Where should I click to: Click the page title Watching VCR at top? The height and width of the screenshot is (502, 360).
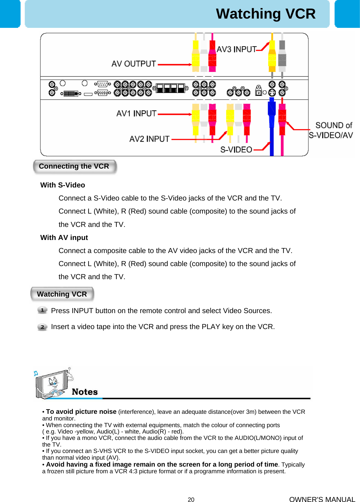(x=265, y=14)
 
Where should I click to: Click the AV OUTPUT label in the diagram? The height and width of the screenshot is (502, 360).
(x=134, y=64)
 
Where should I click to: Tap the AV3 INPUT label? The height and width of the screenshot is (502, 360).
(x=237, y=49)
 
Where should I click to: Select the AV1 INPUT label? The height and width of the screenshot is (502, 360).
(x=136, y=113)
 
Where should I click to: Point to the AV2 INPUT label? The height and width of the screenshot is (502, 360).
(x=149, y=139)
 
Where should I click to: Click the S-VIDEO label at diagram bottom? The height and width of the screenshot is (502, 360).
(x=236, y=150)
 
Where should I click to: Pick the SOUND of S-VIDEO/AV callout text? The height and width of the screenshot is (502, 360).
(x=331, y=130)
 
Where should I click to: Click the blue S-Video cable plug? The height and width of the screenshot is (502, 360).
(x=271, y=113)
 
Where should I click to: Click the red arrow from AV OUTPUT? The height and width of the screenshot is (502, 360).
(x=174, y=64)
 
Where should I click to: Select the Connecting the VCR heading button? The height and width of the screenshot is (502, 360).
(x=74, y=167)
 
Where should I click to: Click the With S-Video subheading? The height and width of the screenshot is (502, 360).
(x=63, y=185)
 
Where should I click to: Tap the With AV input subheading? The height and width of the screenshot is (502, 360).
(x=64, y=238)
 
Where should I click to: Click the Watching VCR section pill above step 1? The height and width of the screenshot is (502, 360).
(x=62, y=294)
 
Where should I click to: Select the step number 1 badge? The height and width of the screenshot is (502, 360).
(x=42, y=310)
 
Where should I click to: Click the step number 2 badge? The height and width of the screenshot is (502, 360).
(x=42, y=327)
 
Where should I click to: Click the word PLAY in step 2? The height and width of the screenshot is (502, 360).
(x=211, y=327)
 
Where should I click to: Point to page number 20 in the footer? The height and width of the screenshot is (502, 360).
(x=191, y=499)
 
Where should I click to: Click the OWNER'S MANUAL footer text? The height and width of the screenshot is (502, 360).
(x=322, y=499)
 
